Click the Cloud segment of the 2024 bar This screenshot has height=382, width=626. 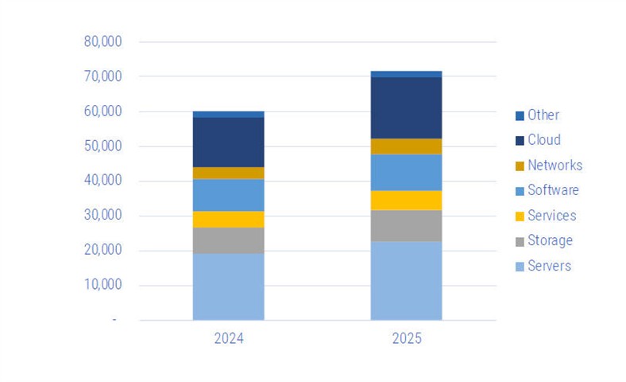click(x=228, y=142)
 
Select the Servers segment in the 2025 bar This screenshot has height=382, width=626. click(x=406, y=281)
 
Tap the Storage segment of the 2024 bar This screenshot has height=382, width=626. click(x=228, y=240)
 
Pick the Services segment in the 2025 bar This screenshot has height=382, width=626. click(x=406, y=201)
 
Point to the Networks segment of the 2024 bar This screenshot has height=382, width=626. click(x=228, y=173)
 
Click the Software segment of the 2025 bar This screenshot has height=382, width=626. click(x=406, y=173)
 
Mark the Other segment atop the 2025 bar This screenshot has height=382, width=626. click(x=406, y=74)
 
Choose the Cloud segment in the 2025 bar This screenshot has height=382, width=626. click(x=406, y=108)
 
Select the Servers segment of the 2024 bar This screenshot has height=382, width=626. click(x=228, y=286)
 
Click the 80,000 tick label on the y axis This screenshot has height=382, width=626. click(x=102, y=41)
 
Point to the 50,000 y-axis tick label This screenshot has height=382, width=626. click(x=102, y=146)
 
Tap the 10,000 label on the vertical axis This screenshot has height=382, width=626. click(x=102, y=284)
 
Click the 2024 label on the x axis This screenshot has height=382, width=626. click(x=229, y=338)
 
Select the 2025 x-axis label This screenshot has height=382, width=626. click(x=407, y=338)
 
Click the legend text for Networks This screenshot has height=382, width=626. click(x=555, y=165)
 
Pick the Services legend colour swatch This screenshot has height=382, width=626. click(x=520, y=216)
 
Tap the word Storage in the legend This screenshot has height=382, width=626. click(x=551, y=240)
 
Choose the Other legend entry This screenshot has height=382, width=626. click(x=537, y=115)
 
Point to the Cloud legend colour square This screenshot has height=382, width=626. click(x=520, y=141)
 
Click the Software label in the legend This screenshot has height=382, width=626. click(x=553, y=190)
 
